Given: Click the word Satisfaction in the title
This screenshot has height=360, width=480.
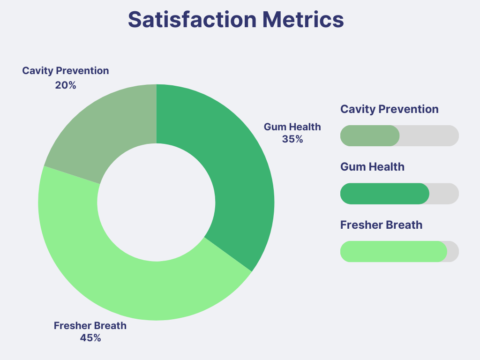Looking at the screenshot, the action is click(192, 20).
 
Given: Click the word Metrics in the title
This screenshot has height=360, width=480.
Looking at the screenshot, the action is click(303, 20).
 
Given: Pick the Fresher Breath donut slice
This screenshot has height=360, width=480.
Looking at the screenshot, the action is click(122, 276).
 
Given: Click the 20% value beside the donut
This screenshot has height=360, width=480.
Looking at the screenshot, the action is click(66, 85).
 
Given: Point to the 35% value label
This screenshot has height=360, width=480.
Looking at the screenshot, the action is click(292, 139).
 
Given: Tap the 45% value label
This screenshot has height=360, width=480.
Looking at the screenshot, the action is click(90, 338).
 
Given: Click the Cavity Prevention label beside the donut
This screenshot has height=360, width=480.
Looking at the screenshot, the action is click(66, 71).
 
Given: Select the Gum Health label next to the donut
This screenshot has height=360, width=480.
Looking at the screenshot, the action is click(292, 127).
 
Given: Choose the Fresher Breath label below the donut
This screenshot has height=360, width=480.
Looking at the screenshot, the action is click(90, 325).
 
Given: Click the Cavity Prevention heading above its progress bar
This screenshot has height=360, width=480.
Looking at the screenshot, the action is click(390, 109).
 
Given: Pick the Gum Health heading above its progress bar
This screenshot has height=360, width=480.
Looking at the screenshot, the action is click(372, 167).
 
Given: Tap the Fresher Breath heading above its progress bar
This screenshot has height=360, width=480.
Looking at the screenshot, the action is click(382, 225).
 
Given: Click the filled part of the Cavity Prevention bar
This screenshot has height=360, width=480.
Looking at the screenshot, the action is click(370, 135).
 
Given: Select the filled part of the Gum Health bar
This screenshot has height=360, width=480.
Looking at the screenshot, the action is click(385, 194).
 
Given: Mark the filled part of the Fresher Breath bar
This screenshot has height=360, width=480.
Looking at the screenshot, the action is click(394, 252).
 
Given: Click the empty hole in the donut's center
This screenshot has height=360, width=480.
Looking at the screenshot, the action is click(156, 202).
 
